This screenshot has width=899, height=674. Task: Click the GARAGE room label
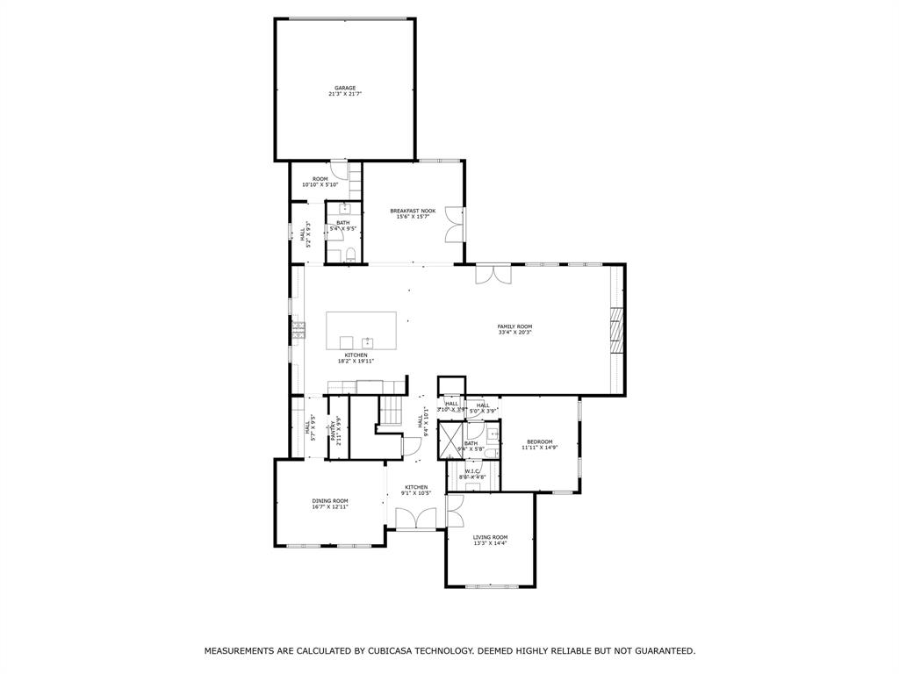[x=344, y=88]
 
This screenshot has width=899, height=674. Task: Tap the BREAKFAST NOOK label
[x=413, y=211]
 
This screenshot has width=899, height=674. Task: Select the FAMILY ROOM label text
[x=514, y=326]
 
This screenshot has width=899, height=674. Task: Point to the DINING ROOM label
[x=329, y=501]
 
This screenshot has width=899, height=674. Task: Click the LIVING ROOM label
[x=490, y=537]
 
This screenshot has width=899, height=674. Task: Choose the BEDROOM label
[x=539, y=441]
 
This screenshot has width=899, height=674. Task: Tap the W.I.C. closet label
[x=472, y=470]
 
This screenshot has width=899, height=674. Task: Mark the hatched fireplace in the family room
[x=616, y=329]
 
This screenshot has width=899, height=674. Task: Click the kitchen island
[x=361, y=331]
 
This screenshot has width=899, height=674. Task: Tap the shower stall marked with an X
[x=450, y=441]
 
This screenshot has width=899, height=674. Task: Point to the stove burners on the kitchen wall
[x=298, y=330]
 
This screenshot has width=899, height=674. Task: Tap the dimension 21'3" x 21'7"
[x=344, y=94]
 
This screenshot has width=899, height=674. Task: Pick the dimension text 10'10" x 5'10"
[x=320, y=185]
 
